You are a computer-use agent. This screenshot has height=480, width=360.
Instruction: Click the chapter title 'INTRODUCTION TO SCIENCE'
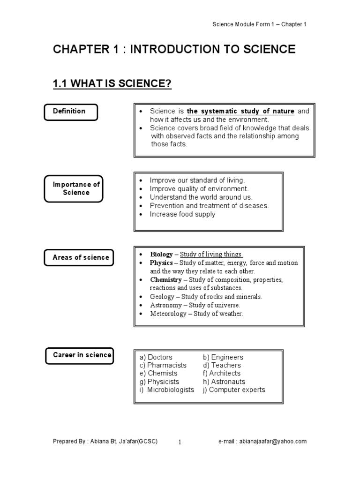[213, 49]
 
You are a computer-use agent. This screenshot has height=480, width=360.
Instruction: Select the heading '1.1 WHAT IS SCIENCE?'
[112, 84]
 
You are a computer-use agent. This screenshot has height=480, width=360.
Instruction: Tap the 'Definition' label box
[70, 112]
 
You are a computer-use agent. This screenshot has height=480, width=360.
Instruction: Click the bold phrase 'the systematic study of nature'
[240, 112]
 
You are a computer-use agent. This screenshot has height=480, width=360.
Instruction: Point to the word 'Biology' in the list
[161, 255]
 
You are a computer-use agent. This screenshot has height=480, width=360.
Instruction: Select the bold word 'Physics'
[161, 263]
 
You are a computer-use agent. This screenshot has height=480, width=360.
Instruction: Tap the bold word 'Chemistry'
[165, 280]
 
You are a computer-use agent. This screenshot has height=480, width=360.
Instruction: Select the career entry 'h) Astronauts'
[224, 382]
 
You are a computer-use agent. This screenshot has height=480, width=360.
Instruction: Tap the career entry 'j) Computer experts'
[234, 390]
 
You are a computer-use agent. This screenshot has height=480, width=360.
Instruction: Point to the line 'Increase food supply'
[182, 214]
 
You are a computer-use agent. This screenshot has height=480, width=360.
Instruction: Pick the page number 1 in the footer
[180, 442]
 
